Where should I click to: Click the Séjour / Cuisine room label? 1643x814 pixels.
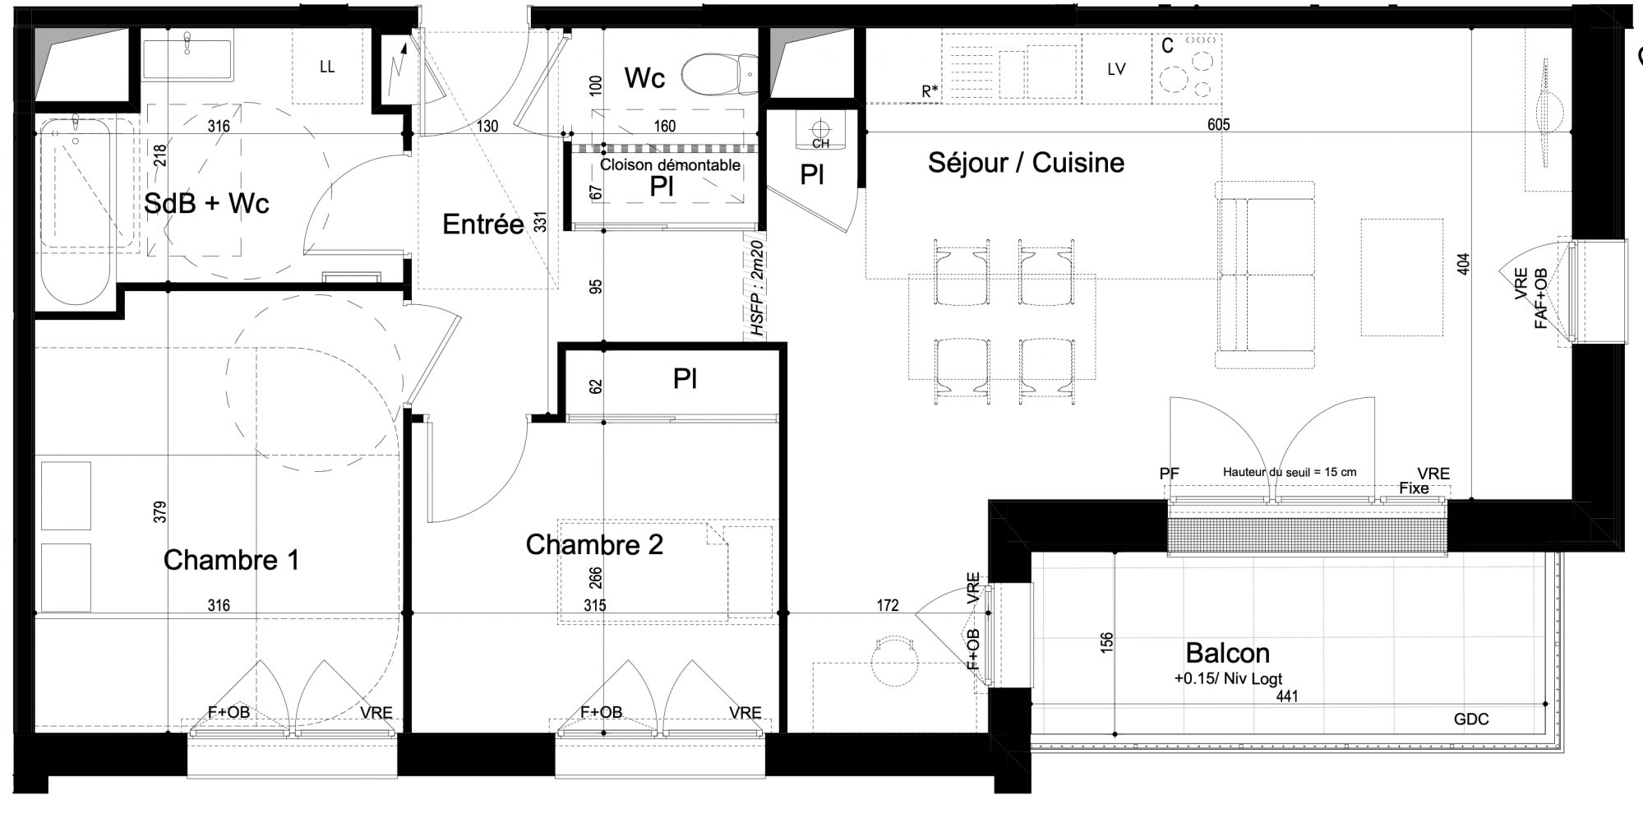[1026, 163]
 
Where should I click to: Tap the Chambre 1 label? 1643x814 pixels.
[231, 560]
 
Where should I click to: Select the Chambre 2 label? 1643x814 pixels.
[594, 544]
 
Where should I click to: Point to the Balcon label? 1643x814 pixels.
[1227, 653]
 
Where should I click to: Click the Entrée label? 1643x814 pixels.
[482, 224]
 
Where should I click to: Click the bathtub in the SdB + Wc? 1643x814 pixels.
[76, 211]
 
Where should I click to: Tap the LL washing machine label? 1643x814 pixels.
[327, 67]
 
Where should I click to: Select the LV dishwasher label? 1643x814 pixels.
[1116, 70]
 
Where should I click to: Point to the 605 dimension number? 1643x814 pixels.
[1218, 125]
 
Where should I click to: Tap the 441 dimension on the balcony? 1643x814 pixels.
[1286, 696]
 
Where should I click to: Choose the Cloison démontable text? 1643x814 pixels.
[670, 165]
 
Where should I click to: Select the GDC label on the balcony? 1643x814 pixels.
[1471, 719]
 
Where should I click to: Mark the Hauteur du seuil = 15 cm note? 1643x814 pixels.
[1290, 473]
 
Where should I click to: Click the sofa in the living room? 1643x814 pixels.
[1265, 275]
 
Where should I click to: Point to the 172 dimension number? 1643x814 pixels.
[888, 606]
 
